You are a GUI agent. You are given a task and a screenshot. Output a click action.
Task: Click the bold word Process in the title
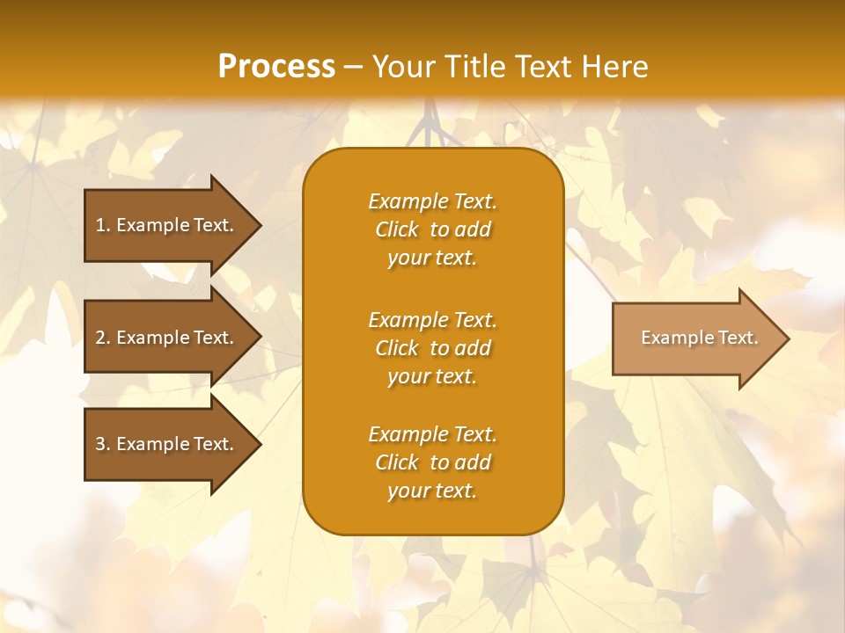[276, 66]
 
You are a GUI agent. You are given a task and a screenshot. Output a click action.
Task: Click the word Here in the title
[614, 66]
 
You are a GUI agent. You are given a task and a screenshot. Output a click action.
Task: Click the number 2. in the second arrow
[103, 338]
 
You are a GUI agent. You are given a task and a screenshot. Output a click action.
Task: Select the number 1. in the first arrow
[103, 225]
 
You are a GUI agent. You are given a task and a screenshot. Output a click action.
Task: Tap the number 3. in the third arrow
[103, 444]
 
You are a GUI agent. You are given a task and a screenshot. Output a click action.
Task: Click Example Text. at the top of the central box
[432, 201]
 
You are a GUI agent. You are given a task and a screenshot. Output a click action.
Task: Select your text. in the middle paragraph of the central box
[432, 377]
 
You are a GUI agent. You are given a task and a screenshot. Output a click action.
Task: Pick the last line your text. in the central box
[432, 491]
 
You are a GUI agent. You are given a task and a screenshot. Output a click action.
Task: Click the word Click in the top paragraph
[396, 229]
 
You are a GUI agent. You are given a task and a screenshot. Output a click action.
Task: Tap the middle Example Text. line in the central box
[432, 319]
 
